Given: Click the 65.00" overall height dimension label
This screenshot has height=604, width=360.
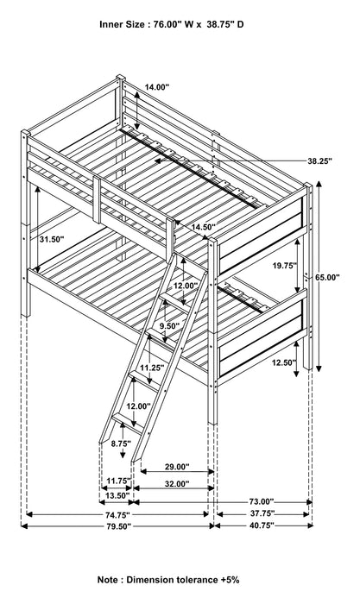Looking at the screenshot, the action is pos(327,277).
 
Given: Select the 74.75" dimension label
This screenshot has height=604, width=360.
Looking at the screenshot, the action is pos(117,514).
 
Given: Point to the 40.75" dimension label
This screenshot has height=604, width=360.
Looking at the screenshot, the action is pos(262,525).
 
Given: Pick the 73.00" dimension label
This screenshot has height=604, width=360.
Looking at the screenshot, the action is pos(262,501).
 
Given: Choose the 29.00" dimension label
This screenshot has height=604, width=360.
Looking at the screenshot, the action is pos(177,467).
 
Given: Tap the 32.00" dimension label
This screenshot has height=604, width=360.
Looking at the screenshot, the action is pos(177,484).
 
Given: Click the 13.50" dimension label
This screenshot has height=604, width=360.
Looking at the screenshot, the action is pos(117,495).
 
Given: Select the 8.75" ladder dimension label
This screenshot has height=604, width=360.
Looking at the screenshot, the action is pos(121,444).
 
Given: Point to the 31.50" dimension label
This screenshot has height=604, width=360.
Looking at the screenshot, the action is pos(51,239).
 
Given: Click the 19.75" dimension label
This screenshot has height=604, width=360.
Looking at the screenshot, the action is pos(284,266).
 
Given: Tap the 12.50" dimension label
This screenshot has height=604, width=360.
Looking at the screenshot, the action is pos(284,362).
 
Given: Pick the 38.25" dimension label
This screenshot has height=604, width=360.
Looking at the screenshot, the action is pos(319,161).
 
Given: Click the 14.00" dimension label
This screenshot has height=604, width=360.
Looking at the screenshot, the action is pos(157,87).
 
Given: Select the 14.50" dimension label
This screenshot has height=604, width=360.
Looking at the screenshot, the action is pos(204,227).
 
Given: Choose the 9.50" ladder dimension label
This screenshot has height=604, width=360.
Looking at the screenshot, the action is pos(169,326).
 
